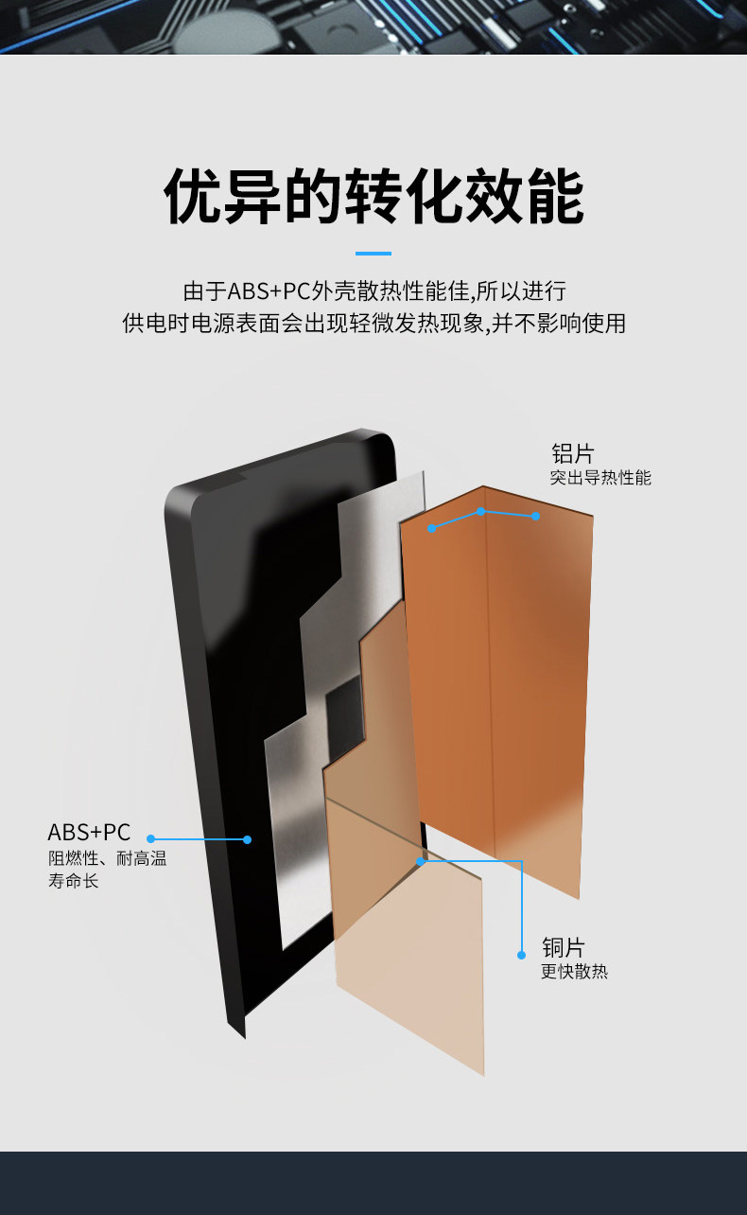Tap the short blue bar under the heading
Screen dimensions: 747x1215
[373, 254]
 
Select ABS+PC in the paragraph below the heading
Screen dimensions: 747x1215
[269, 291]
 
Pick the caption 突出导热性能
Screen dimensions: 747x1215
[600, 478]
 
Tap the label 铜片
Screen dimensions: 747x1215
[564, 947]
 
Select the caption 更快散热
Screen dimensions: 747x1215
[574, 972]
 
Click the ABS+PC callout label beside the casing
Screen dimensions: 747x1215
[89, 833]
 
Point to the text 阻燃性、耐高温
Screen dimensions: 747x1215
[107, 859]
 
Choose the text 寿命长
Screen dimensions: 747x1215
[74, 882]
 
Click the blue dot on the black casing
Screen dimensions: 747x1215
[247, 839]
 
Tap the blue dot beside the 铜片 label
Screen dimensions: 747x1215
[521, 955]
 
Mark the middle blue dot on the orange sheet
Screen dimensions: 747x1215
[480, 511]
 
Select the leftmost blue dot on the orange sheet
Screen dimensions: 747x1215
[432, 528]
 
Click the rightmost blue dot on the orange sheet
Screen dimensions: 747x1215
[535, 516]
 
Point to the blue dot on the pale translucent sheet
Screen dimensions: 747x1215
[421, 861]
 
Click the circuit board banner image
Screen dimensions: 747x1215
[373, 26]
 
